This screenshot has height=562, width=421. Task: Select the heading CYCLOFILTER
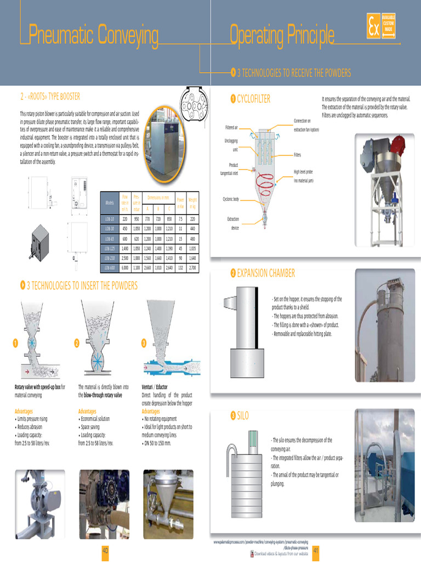[254, 99]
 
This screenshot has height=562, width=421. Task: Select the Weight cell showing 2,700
[192, 267]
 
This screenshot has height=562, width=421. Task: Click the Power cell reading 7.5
[180, 218]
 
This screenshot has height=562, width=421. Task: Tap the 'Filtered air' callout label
[231, 127]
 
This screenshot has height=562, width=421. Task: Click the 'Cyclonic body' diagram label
[231, 199]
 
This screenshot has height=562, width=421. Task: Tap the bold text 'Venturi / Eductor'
[155, 387]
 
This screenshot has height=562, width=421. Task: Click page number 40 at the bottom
[105, 550]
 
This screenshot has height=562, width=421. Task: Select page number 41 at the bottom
[316, 550]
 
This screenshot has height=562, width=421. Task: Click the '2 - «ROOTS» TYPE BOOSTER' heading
[50, 97]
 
